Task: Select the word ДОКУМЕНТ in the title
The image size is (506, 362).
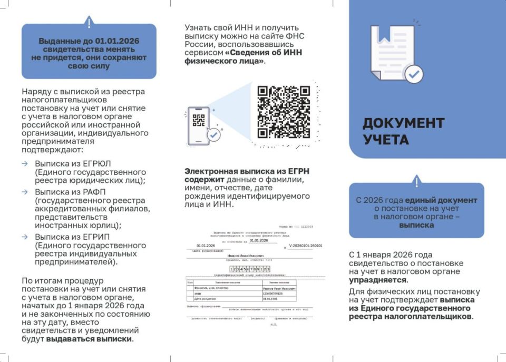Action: click(403, 123)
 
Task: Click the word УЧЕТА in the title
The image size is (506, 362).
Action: click(386, 140)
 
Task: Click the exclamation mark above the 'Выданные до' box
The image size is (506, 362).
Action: click(89, 23)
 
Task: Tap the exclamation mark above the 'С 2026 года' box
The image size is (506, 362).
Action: click(416, 182)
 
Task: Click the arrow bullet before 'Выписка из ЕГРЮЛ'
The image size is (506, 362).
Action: click(25, 164)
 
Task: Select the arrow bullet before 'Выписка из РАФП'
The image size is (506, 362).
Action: click(25, 192)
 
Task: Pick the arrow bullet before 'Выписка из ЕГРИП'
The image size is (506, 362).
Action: click(25, 237)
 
